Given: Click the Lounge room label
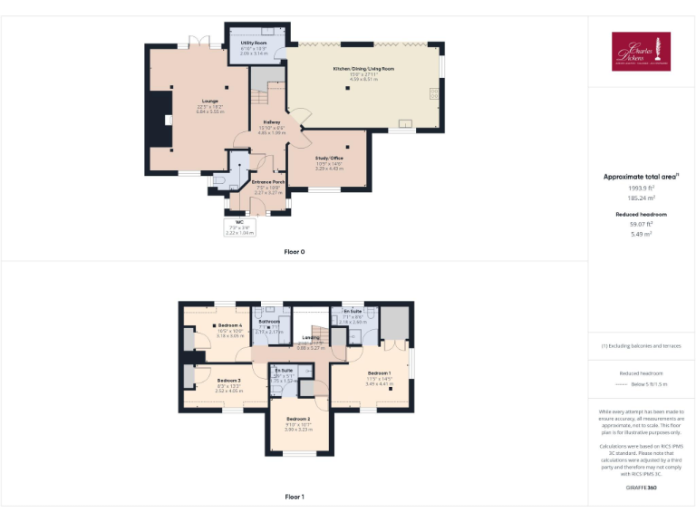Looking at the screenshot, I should [x=210, y=101].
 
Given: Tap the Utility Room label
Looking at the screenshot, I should [x=254, y=43].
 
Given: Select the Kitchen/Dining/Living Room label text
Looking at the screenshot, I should [x=362, y=69].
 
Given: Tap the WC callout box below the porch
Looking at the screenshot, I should [x=239, y=227].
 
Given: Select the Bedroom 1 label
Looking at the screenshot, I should [x=379, y=372].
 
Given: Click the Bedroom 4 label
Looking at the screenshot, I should [x=229, y=325].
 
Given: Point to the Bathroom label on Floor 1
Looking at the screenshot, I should [x=269, y=322].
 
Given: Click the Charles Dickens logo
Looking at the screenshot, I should [x=641, y=51].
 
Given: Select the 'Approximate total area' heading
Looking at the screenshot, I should [x=639, y=177].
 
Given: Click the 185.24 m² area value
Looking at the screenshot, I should [x=641, y=196].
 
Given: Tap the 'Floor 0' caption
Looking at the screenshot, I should [x=294, y=251].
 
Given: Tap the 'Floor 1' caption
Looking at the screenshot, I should [x=294, y=497].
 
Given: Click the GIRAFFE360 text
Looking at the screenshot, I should [x=641, y=488].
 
